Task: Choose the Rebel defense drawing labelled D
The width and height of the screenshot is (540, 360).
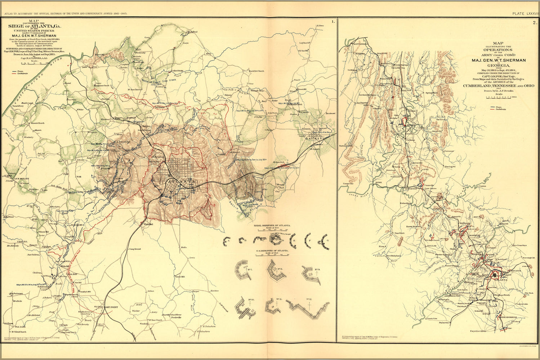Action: (276, 240)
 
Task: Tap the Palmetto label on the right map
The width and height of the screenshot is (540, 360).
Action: (444, 323)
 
